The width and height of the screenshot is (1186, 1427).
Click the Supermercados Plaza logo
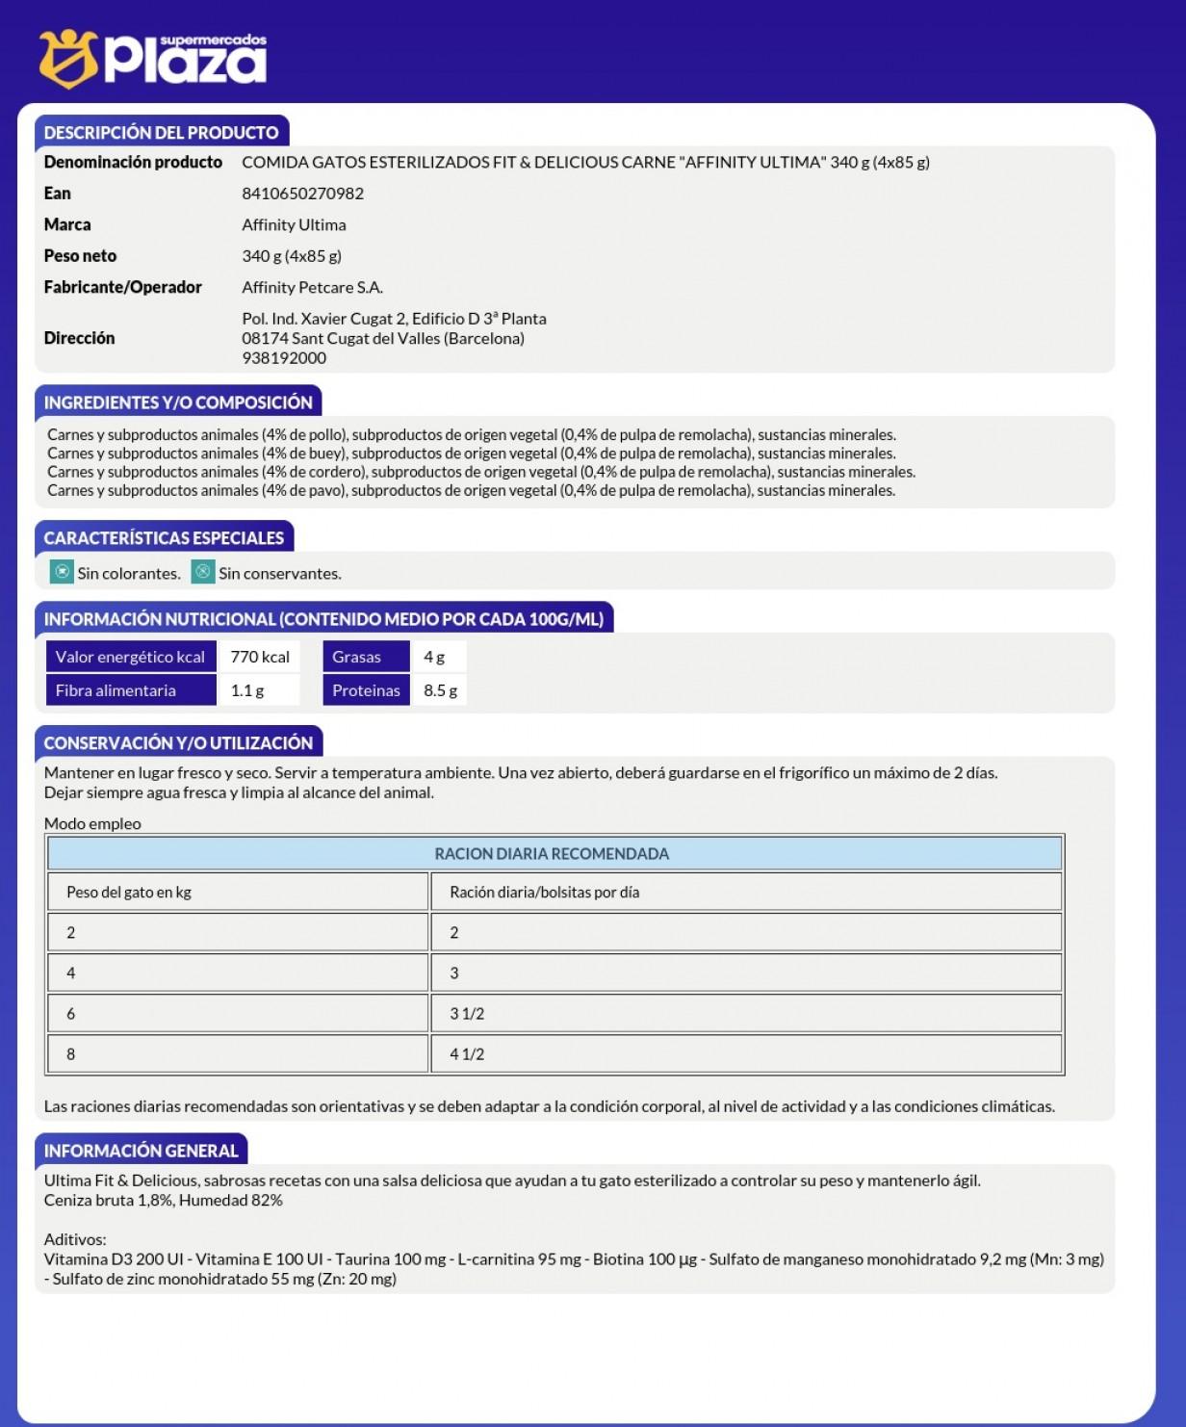point(153,58)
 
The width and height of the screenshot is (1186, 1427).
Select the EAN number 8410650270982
point(302,194)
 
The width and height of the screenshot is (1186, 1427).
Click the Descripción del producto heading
point(161,133)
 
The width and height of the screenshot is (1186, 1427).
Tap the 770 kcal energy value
point(260,657)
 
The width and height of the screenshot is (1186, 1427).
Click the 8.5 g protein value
point(440,690)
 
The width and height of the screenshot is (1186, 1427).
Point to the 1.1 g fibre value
point(247,690)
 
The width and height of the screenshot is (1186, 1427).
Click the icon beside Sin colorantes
point(62,572)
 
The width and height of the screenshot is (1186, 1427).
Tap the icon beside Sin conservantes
point(203,572)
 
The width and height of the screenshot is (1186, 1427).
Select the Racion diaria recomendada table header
point(552,854)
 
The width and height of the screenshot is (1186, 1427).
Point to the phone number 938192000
point(284,358)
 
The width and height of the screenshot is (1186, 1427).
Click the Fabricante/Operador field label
point(122,287)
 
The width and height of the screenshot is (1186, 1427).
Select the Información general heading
point(141,1151)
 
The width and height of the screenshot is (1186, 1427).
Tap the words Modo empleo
point(92,824)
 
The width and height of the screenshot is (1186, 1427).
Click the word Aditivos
point(75,1239)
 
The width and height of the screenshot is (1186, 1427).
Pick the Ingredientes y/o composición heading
point(178,402)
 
